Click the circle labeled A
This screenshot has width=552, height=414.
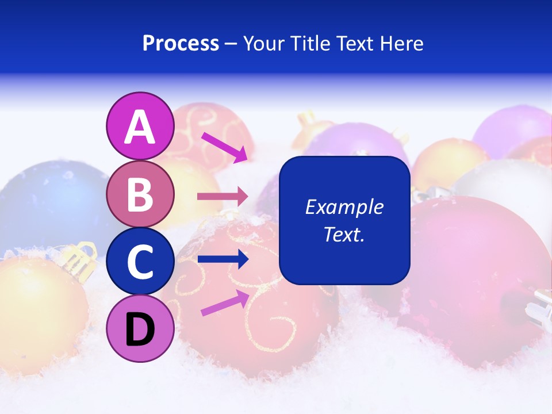click(140, 126)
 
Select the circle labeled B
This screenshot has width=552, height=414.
click(140, 194)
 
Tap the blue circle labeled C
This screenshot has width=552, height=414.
click(140, 262)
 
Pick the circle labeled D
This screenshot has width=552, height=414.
click(140, 329)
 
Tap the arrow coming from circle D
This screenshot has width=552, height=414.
click(225, 302)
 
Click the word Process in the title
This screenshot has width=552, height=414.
click(181, 44)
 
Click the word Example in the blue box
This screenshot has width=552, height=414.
click(344, 207)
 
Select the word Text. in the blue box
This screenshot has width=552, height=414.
click(344, 234)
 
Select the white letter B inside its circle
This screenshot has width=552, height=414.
click(140, 194)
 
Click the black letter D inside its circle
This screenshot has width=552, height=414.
click(140, 329)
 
